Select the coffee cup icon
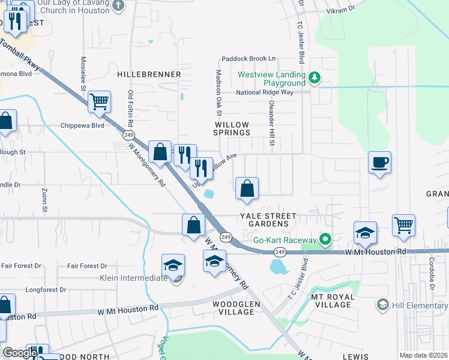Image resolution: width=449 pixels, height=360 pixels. click(x=379, y=162)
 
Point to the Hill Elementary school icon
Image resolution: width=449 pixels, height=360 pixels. click(x=382, y=305)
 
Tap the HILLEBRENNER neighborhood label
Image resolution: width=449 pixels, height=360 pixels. click(x=149, y=74)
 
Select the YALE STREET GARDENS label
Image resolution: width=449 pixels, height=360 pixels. click(x=268, y=220)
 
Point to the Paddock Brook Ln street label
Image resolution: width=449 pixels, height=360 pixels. click(x=248, y=58)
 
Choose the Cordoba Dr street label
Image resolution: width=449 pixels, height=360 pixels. click(x=431, y=274)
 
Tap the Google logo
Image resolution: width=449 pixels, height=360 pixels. click(x=20, y=353)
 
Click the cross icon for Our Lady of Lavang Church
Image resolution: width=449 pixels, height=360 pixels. click(x=119, y=5)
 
